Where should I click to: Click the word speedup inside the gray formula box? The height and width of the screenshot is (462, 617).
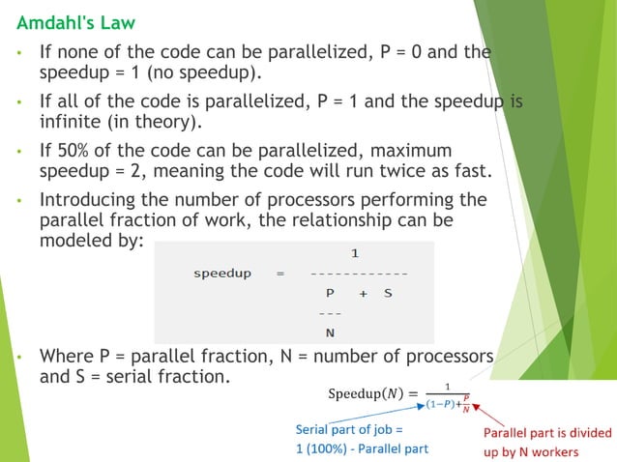(222, 274)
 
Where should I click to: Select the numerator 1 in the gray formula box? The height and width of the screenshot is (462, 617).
(355, 254)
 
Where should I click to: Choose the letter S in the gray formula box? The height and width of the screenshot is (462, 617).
(387, 293)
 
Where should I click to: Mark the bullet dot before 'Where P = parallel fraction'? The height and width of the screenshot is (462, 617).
(19, 358)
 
